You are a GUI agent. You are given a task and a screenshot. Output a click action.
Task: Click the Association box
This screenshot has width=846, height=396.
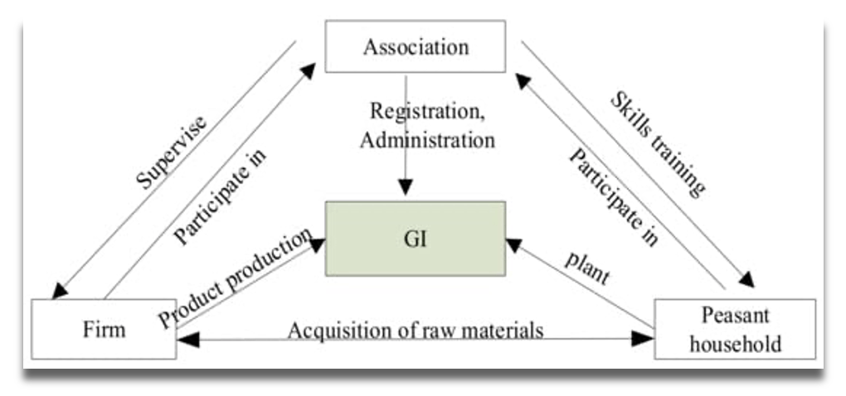(415, 46)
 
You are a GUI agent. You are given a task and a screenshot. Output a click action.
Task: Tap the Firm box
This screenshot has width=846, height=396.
(104, 329)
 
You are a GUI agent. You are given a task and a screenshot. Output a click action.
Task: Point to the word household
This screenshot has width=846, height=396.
(735, 343)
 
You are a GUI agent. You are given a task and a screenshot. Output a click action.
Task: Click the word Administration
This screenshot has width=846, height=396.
(427, 138)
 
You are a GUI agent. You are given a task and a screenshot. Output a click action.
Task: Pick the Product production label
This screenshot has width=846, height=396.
(236, 278)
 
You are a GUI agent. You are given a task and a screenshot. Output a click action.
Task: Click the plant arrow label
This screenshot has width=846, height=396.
(587, 268)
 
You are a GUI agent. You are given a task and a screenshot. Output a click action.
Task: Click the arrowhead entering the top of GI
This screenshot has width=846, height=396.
(406, 188)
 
